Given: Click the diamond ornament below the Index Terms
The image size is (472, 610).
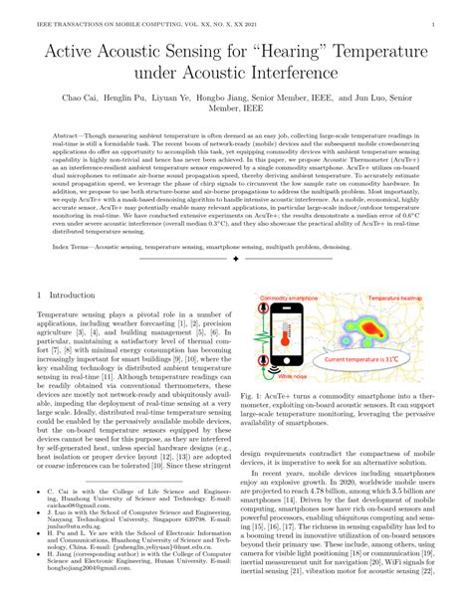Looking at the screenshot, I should tap(236, 260).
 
